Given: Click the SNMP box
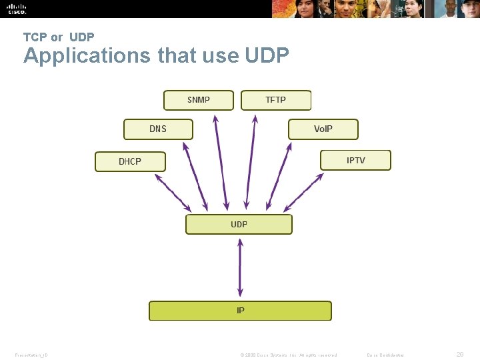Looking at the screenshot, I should click(199, 100).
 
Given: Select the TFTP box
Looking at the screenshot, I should click(275, 100).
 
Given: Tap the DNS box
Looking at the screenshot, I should click(158, 129).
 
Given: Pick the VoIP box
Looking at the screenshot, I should click(323, 129).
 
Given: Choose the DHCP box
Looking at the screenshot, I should click(130, 161).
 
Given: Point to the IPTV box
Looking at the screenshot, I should click(355, 160).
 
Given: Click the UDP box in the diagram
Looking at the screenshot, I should click(239, 225).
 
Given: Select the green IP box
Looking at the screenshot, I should click(240, 311).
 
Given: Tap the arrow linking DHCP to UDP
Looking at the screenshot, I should click(172, 192).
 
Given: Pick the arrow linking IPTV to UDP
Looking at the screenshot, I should click(304, 192).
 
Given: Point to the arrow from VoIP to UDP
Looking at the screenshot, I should click(280, 177).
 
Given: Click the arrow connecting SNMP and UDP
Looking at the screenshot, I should click(221, 162).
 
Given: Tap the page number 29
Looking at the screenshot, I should click(460, 355).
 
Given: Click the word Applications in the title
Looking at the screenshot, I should click(87, 55).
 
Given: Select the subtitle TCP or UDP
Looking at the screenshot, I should click(59, 37).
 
